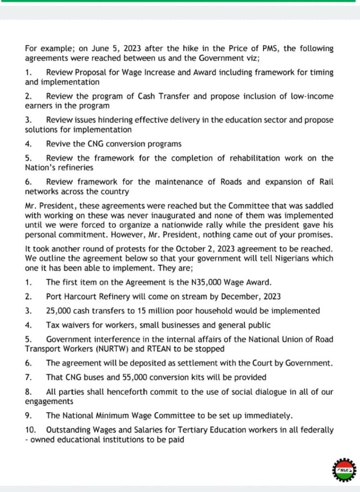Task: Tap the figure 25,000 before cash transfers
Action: click(59, 310)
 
